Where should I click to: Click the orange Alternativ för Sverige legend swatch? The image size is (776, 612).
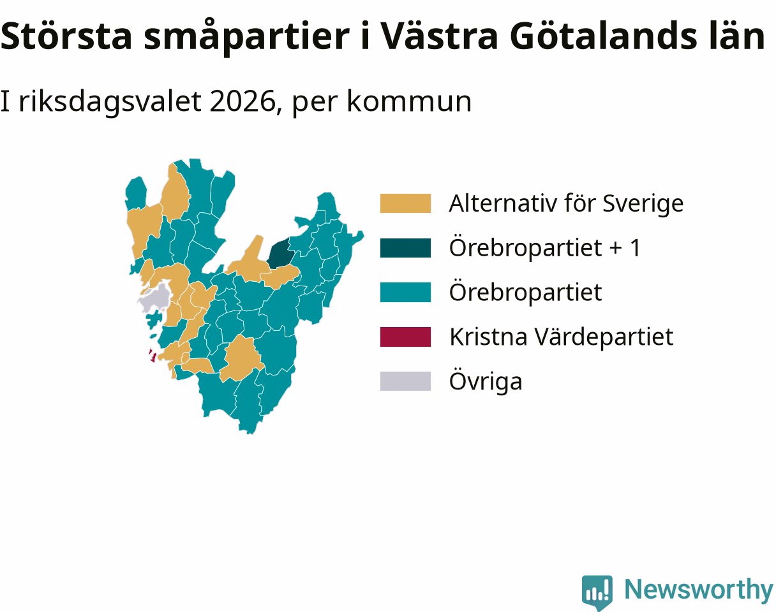click(405, 203)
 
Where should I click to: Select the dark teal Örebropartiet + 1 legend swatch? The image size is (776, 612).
click(405, 248)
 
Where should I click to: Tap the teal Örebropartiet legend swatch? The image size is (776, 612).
click(405, 292)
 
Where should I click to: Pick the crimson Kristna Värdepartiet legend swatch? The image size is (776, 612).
click(405, 337)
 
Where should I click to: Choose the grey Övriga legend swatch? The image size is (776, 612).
click(405, 381)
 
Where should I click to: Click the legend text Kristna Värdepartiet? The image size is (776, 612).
click(562, 337)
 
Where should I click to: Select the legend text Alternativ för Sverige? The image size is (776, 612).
click(566, 203)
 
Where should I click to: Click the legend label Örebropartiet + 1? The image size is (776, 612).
click(545, 248)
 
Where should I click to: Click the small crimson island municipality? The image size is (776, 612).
click(153, 356)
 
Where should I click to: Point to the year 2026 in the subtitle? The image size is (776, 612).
click(243, 101)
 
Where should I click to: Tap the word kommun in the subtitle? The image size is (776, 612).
click(409, 101)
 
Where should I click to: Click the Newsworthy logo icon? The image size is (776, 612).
click(597, 592)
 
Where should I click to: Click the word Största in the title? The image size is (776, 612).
click(66, 36)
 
